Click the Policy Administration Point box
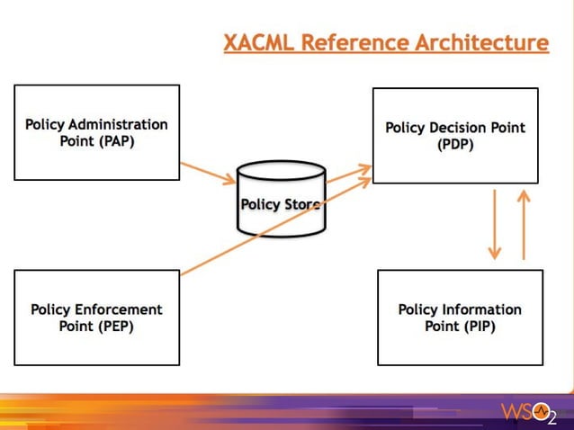(96, 132)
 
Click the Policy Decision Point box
(454, 135)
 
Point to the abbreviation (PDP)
(455, 145)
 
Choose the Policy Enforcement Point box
(96, 318)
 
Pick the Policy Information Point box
(460, 318)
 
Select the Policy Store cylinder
(282, 200)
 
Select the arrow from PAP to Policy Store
(208, 173)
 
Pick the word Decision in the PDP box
(462, 128)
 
